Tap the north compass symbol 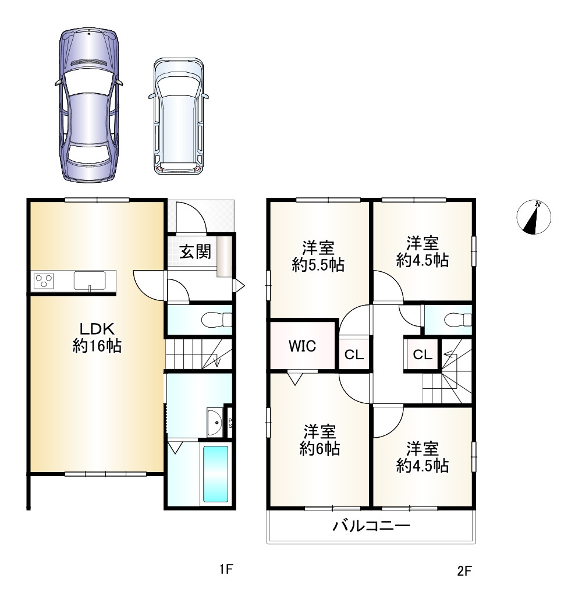pyautogui.click(x=534, y=217)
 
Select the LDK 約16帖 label pyautogui.click(x=97, y=336)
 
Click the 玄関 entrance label pyautogui.click(x=194, y=252)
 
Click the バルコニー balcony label pyautogui.click(x=371, y=527)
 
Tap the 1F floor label pyautogui.click(x=226, y=570)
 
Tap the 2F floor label pyautogui.click(x=464, y=571)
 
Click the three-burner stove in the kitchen pyautogui.click(x=44, y=281)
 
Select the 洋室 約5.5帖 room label pyautogui.click(x=318, y=256)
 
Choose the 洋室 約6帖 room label pyautogui.click(x=320, y=441)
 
